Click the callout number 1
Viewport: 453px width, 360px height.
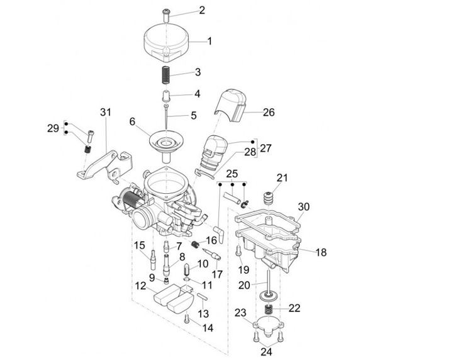(x=210, y=42)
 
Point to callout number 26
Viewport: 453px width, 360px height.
(x=269, y=113)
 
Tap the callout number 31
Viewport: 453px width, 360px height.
(x=105, y=113)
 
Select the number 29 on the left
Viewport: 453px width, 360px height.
(x=53, y=128)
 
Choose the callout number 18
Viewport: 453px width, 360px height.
(x=321, y=252)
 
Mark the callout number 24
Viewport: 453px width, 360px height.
(x=267, y=352)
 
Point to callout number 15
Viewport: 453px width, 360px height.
(x=140, y=245)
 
